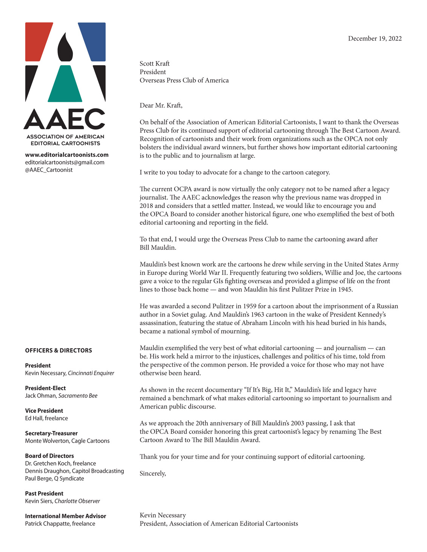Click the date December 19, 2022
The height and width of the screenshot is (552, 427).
[x=375, y=38]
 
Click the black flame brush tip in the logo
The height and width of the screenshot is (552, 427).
[x=65, y=47]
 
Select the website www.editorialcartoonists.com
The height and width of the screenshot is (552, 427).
[x=66, y=155]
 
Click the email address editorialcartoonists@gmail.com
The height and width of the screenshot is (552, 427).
[x=65, y=162]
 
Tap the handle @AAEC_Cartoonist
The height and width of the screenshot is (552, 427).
[x=49, y=170]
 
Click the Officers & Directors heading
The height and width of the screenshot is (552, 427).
[x=59, y=351]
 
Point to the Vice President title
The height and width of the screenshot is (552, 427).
[x=44, y=411]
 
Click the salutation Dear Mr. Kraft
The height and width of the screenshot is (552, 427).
[x=161, y=105]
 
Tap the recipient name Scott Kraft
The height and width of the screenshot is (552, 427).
[x=154, y=63]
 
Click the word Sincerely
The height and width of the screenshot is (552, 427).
[x=153, y=474]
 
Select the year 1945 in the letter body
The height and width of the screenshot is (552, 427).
[x=345, y=289]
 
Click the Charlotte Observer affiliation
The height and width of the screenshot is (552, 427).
[x=77, y=501]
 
